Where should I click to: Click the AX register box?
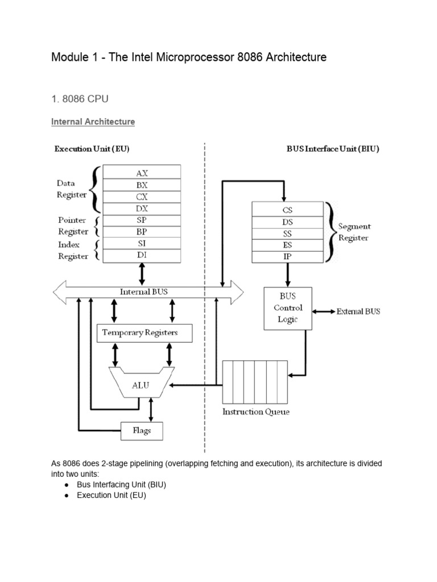(x=142, y=172)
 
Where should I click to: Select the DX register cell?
(x=142, y=209)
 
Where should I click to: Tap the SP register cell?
(x=142, y=220)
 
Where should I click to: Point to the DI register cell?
(x=142, y=256)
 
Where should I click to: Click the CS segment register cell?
(x=287, y=210)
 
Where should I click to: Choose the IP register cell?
(x=287, y=257)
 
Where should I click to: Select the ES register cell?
(x=287, y=245)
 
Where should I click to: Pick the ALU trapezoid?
(x=141, y=385)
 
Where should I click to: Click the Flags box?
(x=142, y=430)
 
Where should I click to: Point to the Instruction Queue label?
(x=255, y=411)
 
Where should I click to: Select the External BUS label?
(x=358, y=311)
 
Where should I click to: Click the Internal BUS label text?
(x=144, y=292)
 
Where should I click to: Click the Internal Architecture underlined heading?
(x=93, y=122)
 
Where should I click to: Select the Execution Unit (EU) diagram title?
(x=92, y=149)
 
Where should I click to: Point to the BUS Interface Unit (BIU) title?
(x=332, y=149)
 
